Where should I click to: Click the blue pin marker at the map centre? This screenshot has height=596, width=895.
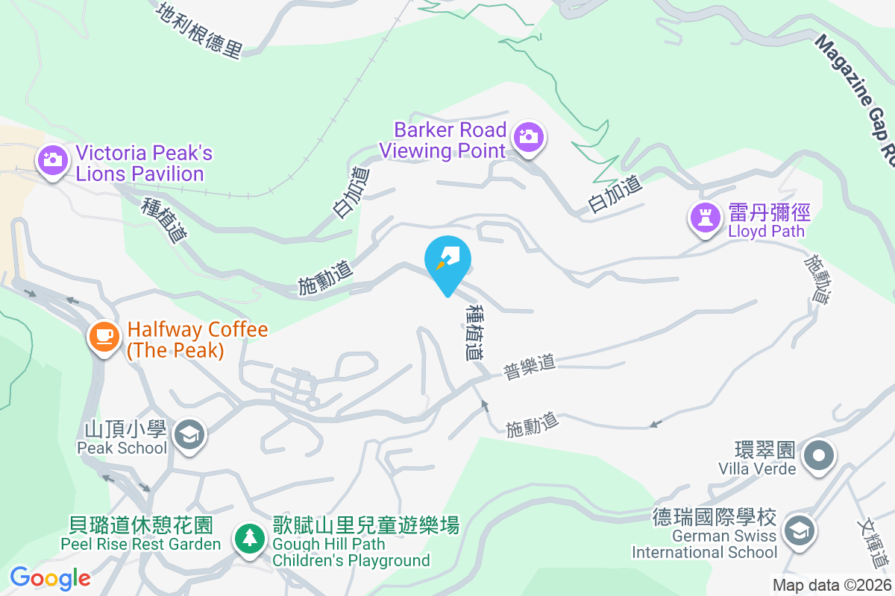coord(447,263)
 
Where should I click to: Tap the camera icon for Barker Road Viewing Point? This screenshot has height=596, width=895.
coord(529,136)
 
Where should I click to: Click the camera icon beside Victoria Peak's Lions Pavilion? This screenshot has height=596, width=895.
coord(52,159)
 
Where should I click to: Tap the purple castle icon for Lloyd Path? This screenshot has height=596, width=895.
coord(704,218)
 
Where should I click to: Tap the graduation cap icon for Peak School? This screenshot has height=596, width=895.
coord(189,434)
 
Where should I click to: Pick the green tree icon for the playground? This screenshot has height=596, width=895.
coord(249,539)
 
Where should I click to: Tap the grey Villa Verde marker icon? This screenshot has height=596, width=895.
coord(819,454)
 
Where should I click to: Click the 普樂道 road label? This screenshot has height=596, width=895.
coord(529,367)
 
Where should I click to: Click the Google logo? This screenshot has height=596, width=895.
coord(50,578)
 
